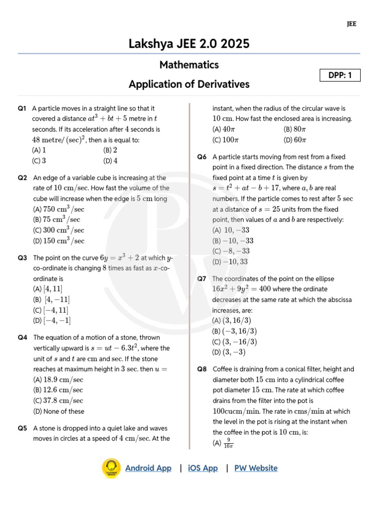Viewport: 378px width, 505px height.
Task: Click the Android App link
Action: click(x=148, y=468)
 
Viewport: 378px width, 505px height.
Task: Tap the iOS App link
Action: click(x=203, y=468)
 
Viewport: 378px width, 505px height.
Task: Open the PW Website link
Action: click(x=255, y=468)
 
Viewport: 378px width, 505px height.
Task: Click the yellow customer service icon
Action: click(x=111, y=468)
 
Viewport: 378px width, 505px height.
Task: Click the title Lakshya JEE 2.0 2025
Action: click(x=189, y=44)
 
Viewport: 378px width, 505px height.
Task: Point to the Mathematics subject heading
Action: click(x=189, y=65)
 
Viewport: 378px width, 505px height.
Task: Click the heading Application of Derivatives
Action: click(x=189, y=84)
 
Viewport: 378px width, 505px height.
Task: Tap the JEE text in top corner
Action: click(x=351, y=24)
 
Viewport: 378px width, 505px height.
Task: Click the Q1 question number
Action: click(x=22, y=108)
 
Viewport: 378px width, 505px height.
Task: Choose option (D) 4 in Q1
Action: click(x=110, y=161)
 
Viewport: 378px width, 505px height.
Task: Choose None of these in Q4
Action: click(x=59, y=411)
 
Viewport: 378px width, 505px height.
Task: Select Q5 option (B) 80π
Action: click(x=295, y=129)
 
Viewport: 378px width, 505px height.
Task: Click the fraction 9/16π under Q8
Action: click(x=228, y=443)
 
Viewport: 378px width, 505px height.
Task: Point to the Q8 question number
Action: click(x=202, y=369)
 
